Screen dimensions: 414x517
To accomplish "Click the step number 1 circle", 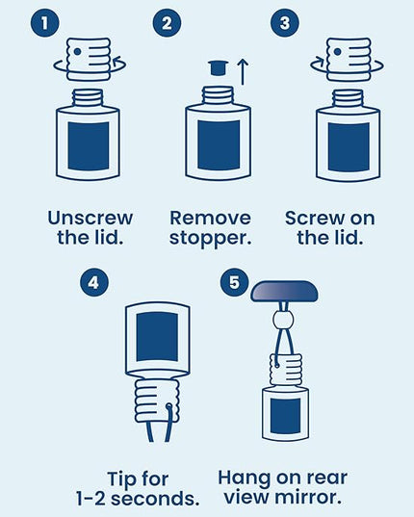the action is [x=45, y=23].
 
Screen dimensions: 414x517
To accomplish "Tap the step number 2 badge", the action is [x=167, y=23].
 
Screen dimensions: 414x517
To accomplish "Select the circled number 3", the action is [x=284, y=23].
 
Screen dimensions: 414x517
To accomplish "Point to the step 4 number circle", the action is [x=94, y=283].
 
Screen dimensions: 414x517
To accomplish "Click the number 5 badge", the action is [x=235, y=283].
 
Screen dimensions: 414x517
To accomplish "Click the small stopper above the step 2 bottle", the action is [x=219, y=67].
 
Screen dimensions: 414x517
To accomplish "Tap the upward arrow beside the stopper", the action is [x=243, y=71].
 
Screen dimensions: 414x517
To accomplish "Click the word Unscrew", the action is [x=91, y=218].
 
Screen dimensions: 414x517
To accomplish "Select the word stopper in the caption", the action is [x=210, y=239].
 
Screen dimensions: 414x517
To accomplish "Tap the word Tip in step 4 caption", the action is [x=122, y=478].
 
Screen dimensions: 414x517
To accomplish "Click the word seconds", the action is [x=155, y=499].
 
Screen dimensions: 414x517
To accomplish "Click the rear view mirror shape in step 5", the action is [x=284, y=291].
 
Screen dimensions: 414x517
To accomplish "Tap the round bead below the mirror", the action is [x=283, y=320].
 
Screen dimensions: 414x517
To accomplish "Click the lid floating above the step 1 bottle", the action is [x=89, y=60].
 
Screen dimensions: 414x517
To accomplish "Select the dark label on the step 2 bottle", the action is [x=219, y=145].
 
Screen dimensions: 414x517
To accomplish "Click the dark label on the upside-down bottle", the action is [x=157, y=337].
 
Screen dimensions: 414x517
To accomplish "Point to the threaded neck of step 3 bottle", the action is [x=349, y=99].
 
